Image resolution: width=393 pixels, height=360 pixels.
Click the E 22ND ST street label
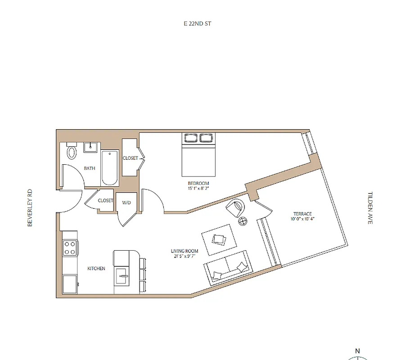(194, 23)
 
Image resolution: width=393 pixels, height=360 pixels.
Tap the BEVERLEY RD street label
(30, 207)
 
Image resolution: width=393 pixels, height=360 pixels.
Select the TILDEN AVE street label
(370, 208)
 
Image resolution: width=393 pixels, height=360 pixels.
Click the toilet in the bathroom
(72, 152)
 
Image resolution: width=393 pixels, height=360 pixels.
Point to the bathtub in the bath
(110, 169)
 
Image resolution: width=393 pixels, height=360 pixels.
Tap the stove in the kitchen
(70, 247)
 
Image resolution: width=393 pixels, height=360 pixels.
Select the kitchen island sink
(121, 275)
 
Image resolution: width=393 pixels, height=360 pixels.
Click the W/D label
(126, 203)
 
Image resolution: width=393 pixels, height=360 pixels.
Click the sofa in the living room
(227, 267)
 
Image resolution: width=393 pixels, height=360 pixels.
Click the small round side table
(243, 221)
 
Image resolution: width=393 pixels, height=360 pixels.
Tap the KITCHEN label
(96, 269)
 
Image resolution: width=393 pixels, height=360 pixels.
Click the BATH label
(90, 169)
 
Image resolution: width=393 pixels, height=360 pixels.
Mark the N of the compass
(358, 351)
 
